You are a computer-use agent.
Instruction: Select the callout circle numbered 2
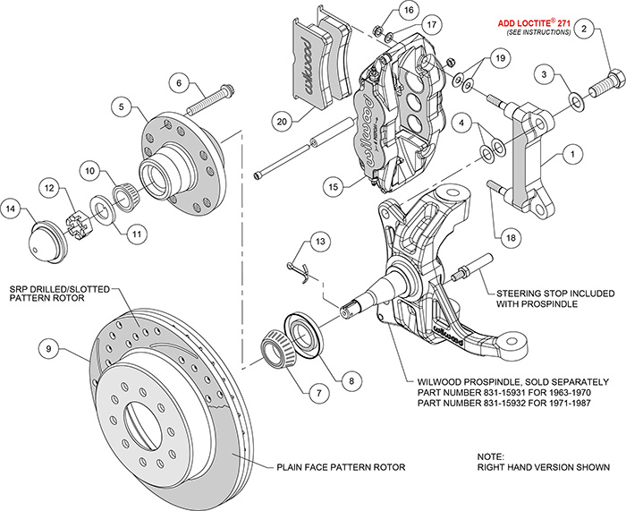[x=585, y=30]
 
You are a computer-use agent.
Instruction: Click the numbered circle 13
[x=320, y=241]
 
